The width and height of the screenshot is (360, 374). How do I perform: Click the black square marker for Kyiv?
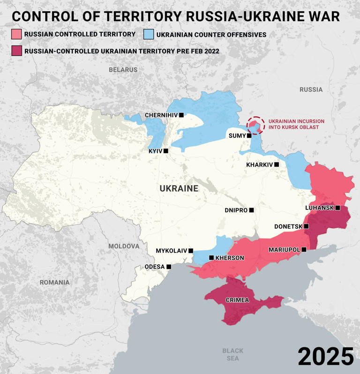166,151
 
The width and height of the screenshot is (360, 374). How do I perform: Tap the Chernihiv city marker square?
181,115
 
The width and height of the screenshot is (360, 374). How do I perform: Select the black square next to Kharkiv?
277,165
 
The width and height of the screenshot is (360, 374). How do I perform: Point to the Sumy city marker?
249,135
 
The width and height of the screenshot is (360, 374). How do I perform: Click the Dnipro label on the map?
236,210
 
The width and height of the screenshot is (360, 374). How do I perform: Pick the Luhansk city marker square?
337,208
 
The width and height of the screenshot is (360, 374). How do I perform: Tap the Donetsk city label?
288,226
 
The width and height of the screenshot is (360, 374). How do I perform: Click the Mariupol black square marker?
304,249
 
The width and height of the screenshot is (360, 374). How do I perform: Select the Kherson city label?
230,258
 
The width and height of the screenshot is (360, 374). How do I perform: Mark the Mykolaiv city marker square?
191,251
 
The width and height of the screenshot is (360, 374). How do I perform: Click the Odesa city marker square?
169,267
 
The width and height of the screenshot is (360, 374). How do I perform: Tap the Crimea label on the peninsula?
237,300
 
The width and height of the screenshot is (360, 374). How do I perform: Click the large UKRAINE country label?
179,188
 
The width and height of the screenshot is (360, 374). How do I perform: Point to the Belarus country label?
123,69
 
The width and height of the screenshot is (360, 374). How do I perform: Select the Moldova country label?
124,246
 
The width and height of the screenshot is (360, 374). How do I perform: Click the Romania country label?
54,282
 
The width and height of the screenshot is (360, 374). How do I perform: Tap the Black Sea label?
233,354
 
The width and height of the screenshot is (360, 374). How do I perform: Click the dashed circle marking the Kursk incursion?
255,125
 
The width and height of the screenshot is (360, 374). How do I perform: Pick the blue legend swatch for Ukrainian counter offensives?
148,34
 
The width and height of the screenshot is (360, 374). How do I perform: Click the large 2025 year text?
325,357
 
